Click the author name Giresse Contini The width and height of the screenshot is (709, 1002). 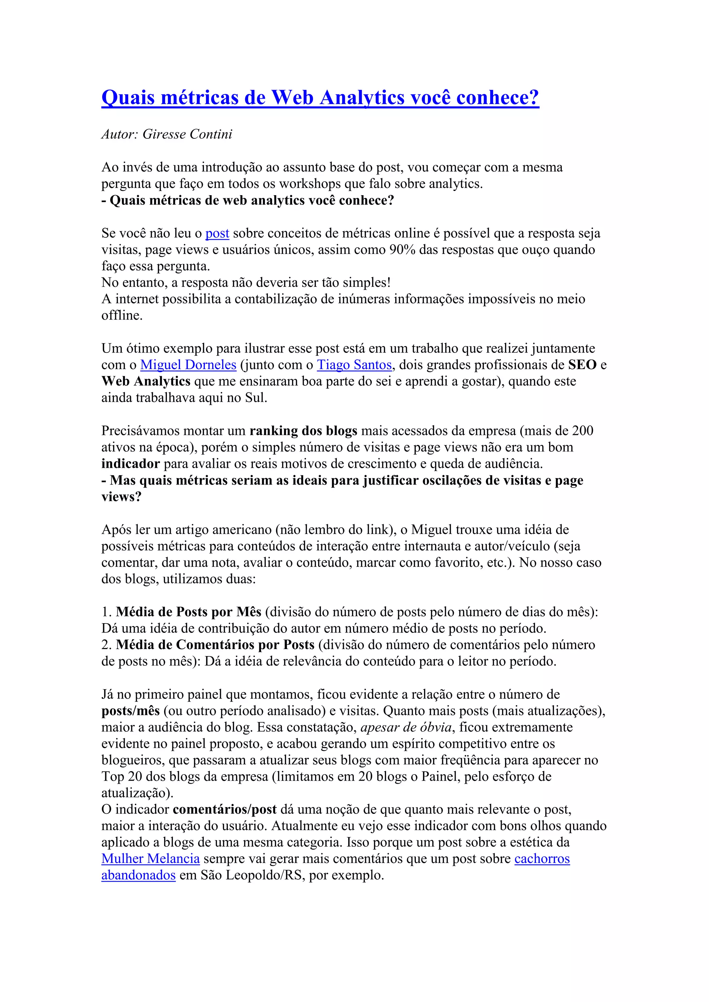point(187,134)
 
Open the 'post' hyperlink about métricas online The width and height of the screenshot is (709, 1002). point(217,234)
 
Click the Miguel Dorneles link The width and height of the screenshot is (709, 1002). point(188,365)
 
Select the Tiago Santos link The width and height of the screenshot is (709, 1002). point(354,365)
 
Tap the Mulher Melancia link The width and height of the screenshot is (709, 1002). point(150,858)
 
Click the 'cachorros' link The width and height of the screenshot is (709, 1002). point(542,858)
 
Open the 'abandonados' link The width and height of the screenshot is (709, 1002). point(138,875)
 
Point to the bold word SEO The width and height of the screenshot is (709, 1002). point(582,365)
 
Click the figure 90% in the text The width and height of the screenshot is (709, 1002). point(402,250)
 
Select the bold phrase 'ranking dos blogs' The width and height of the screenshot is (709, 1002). point(303,431)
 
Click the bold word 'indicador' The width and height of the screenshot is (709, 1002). point(131,464)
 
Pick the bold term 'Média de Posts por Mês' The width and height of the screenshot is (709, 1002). point(189,612)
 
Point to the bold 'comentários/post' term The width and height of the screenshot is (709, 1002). point(224,810)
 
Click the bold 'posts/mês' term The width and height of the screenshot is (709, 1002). point(131,711)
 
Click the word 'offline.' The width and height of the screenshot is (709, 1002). point(122,316)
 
